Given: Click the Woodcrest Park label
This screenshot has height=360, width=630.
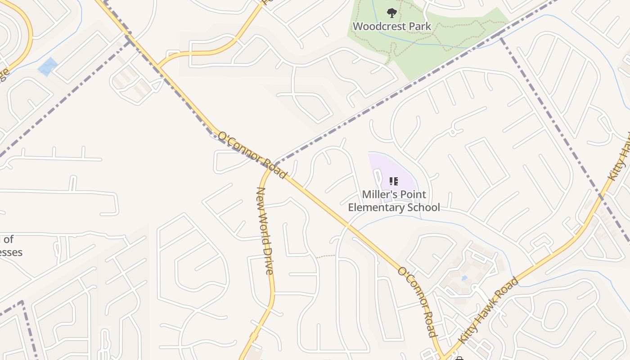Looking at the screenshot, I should pos(391,26).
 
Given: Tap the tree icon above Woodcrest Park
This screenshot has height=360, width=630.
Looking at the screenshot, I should pos(391,13).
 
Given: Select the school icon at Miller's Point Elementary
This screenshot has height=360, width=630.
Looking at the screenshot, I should pos(394,181).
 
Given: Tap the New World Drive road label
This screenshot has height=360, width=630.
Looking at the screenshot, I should pos(265,230).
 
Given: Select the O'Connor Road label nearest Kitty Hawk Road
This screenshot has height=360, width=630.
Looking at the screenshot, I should pos(417,301).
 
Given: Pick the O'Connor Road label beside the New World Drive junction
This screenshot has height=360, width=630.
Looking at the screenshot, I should pos(252,154).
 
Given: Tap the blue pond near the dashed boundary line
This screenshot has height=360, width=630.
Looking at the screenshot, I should pos(47,67).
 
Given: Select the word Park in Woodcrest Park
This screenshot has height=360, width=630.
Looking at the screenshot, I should pos(418,26).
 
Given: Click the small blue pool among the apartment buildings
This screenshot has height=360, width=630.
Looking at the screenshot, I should pos(464,278).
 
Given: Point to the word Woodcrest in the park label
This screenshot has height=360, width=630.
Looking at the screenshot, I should pos(378,26).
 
